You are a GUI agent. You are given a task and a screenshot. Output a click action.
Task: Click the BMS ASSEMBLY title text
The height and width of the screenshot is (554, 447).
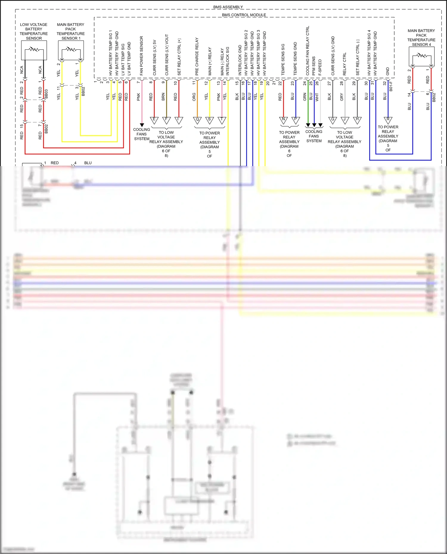[x=228, y=7]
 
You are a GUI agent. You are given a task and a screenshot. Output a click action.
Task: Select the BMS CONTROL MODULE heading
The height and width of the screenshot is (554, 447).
[x=244, y=15]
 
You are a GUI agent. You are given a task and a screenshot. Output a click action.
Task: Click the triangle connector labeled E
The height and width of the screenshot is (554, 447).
[x=154, y=120]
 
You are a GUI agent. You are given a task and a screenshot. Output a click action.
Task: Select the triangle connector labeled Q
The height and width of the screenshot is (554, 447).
[x=197, y=120]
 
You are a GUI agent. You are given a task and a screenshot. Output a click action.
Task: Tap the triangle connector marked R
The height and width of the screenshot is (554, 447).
[x=388, y=120]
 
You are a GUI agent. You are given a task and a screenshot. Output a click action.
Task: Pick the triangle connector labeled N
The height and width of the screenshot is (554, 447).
[x=283, y=120]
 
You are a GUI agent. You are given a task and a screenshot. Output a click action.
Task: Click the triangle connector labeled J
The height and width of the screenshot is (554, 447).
[x=345, y=120]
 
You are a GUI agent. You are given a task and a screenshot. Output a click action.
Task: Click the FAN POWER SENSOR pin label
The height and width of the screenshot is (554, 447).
[x=142, y=56]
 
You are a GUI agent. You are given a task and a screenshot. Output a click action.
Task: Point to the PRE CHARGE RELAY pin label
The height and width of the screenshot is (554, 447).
[x=197, y=56]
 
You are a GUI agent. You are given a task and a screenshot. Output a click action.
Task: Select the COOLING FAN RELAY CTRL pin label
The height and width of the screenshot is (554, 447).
[x=308, y=51]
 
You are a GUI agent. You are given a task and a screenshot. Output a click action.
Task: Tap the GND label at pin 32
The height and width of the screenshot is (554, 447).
[x=388, y=71]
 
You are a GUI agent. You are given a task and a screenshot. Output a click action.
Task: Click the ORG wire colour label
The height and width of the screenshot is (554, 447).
[x=194, y=96]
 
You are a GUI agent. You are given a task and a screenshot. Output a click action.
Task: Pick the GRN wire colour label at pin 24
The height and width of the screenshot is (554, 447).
[x=305, y=96]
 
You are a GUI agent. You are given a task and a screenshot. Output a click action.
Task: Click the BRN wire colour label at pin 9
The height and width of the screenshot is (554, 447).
[x=163, y=96]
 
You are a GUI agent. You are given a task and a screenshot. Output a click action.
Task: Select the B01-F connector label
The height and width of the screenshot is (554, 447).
[x=391, y=86]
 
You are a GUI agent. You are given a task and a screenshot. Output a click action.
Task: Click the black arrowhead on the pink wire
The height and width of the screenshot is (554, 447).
[x=142, y=125]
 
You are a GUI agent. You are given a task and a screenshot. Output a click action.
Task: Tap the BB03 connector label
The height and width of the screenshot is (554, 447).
[x=46, y=93]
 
